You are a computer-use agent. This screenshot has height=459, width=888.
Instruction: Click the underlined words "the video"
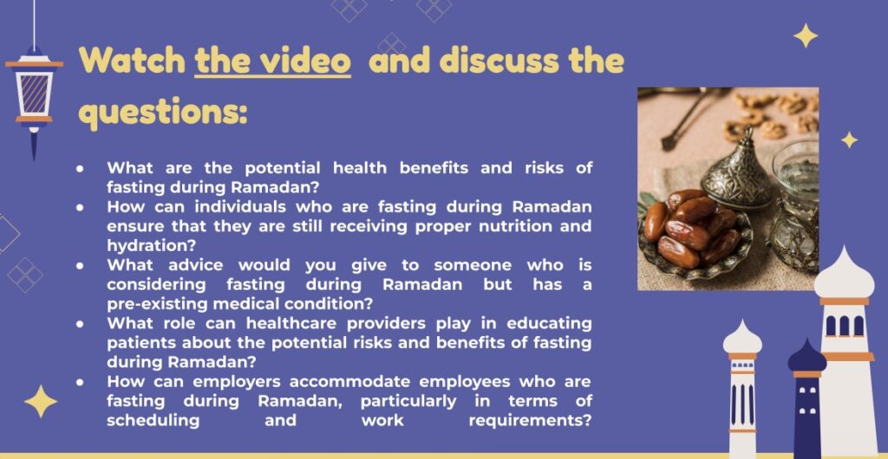pos(273,61)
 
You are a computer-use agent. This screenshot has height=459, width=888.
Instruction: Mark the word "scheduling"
pos(153,421)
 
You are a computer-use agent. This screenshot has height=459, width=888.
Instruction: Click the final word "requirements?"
pos(530,421)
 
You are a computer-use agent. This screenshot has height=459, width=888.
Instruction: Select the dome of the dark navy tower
pos(807,356)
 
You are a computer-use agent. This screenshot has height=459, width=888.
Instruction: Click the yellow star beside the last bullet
pos(40,401)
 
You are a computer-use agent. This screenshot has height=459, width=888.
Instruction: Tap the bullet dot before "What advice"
pos(81,266)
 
